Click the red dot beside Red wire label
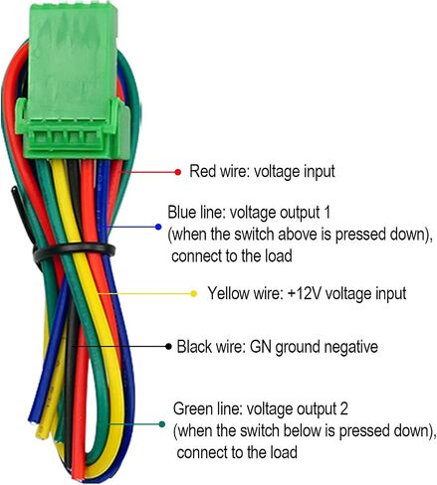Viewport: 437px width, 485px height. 178,172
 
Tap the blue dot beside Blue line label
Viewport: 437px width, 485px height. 158,227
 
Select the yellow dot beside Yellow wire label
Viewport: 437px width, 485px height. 194,293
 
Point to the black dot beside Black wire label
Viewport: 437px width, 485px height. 168,347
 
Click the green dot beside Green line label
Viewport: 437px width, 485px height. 161,424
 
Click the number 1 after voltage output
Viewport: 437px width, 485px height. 327,212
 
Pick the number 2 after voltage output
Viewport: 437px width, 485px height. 343,409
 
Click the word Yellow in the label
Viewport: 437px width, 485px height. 228,293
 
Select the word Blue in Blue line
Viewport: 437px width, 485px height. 181,212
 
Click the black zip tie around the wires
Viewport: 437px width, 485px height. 74,250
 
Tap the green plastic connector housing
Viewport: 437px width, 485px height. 73,81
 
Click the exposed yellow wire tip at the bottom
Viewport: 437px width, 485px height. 42,431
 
